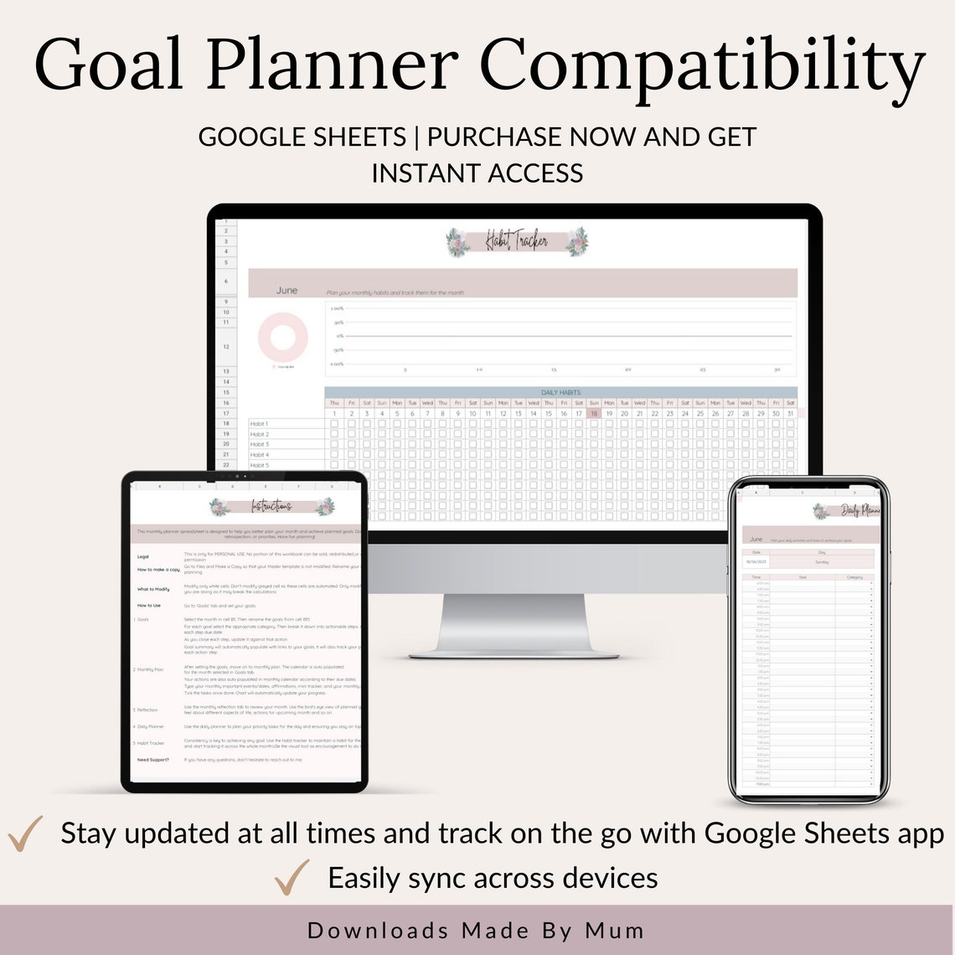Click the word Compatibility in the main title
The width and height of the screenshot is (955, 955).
pyautogui.click(x=702, y=67)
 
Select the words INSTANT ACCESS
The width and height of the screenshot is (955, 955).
pyautogui.click(x=478, y=173)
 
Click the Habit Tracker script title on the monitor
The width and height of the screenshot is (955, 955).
pyautogui.click(x=517, y=242)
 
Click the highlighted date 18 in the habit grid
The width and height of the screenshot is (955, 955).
pyautogui.click(x=594, y=413)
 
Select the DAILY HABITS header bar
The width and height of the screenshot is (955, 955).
pyautogui.click(x=560, y=392)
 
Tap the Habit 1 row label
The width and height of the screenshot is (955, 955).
pyautogui.click(x=259, y=424)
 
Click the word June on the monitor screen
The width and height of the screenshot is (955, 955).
pyautogui.click(x=286, y=291)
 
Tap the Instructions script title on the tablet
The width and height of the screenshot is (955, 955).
pyautogui.click(x=271, y=507)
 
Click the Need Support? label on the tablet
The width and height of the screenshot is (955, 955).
pyautogui.click(x=153, y=760)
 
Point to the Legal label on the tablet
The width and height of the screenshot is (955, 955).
pyautogui.click(x=142, y=556)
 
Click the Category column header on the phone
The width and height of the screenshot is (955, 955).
pyautogui.click(x=854, y=577)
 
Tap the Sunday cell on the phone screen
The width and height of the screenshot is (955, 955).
pyautogui.click(x=821, y=561)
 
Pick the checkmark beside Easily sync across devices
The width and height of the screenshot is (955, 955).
pyautogui.click(x=292, y=877)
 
